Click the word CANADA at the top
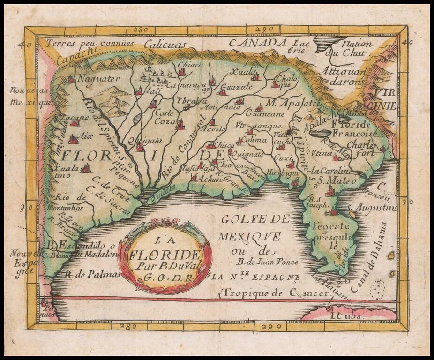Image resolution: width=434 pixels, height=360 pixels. [x=257, y=44]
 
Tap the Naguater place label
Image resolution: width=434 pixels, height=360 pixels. [x=98, y=79]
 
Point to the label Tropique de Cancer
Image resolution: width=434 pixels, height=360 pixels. [x=276, y=293]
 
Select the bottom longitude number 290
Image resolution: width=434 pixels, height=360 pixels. [x=266, y=325]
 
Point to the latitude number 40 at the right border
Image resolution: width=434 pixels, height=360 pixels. [x=406, y=42]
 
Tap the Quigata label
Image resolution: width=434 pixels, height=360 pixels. [x=138, y=139]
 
